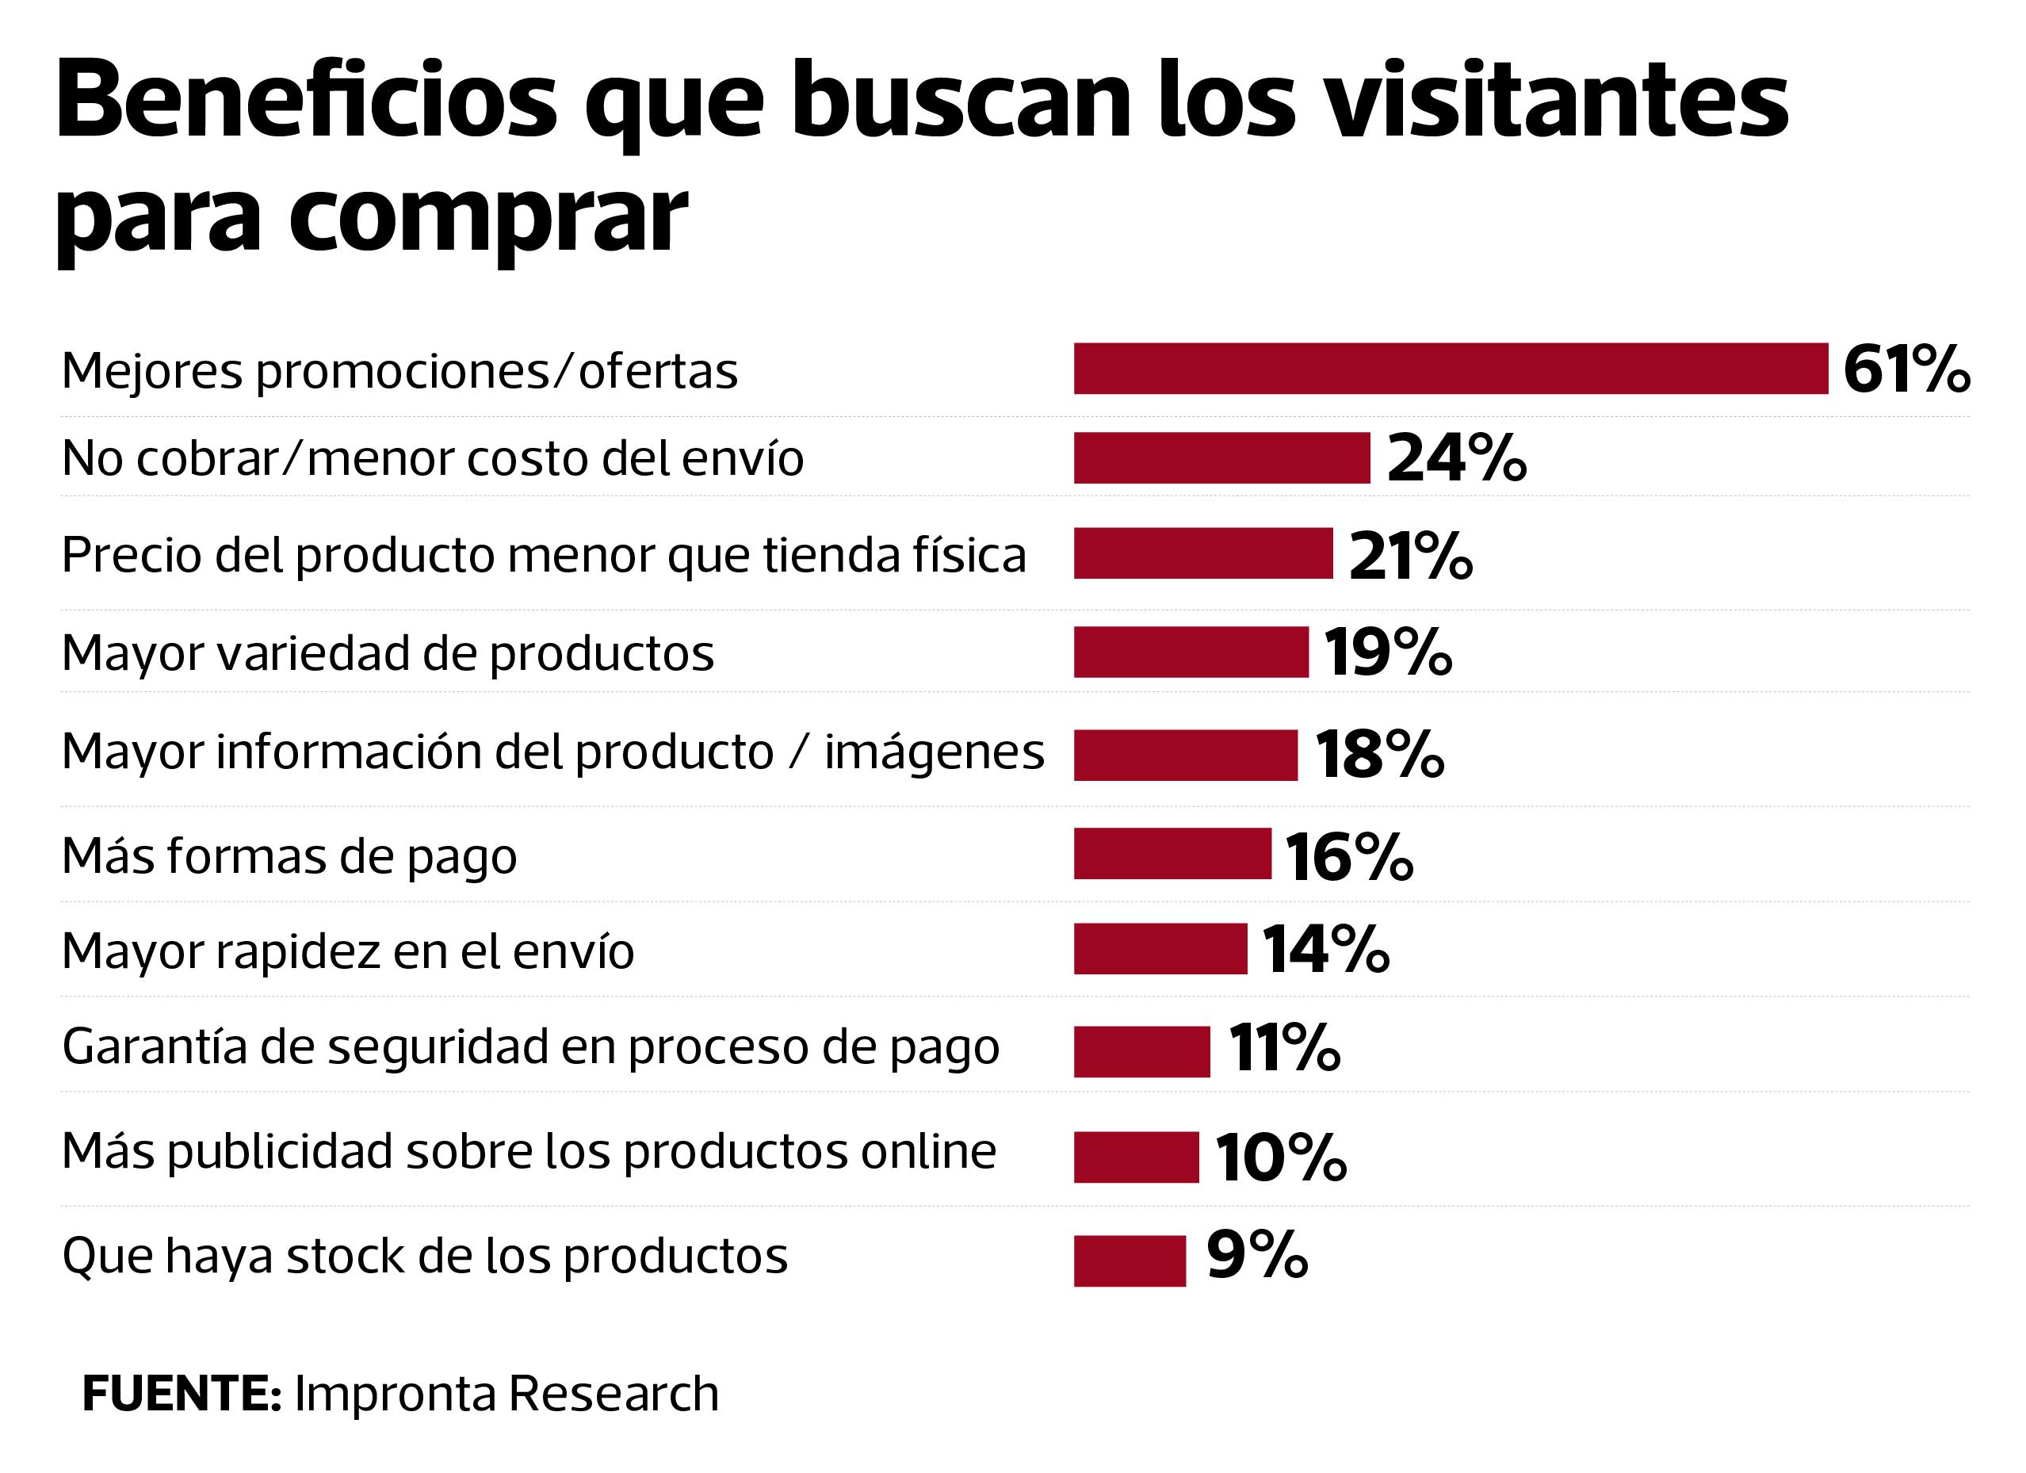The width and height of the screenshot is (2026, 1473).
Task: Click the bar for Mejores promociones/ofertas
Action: (1451, 368)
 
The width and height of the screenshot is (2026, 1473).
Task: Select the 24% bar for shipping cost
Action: (1221, 458)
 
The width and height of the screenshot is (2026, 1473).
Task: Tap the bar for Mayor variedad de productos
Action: (1191, 652)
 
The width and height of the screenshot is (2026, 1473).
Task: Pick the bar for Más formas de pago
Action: (1172, 854)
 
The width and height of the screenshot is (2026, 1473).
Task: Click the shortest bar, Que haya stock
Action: (1130, 1261)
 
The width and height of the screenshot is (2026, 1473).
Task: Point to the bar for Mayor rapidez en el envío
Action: (1160, 949)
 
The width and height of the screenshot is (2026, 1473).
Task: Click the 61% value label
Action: (1906, 369)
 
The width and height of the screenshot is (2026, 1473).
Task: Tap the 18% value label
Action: (1379, 755)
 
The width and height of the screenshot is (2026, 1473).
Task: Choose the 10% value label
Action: (1280, 1157)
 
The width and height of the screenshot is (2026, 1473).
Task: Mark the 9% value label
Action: (1257, 1255)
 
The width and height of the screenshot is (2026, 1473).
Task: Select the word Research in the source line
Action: (613, 1394)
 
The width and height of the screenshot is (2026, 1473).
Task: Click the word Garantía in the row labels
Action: (154, 1047)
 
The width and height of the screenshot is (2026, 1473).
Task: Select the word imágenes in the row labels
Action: (934, 753)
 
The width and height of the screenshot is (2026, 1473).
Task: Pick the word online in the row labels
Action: (928, 1151)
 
